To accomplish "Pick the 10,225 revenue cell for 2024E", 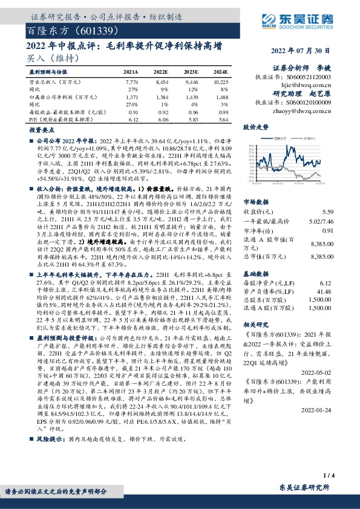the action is point(221,81).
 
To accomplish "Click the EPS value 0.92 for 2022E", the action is point(162,112).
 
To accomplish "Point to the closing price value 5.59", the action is point(327,212).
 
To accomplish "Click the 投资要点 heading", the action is point(39,130).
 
